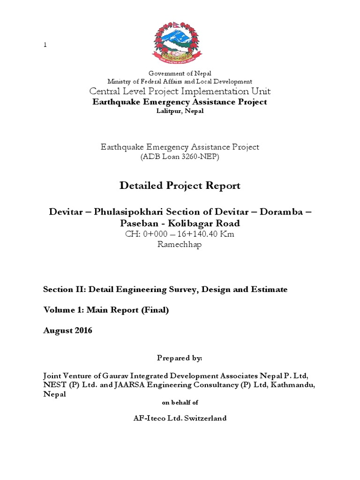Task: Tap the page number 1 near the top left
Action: pos(45,45)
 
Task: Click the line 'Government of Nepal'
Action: pos(180,73)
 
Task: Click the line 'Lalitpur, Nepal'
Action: pos(180,111)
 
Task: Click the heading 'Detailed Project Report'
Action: pos(180,186)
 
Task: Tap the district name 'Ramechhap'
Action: pos(180,245)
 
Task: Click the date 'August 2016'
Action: pos(67,330)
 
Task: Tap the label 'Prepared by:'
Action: pos(180,358)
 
